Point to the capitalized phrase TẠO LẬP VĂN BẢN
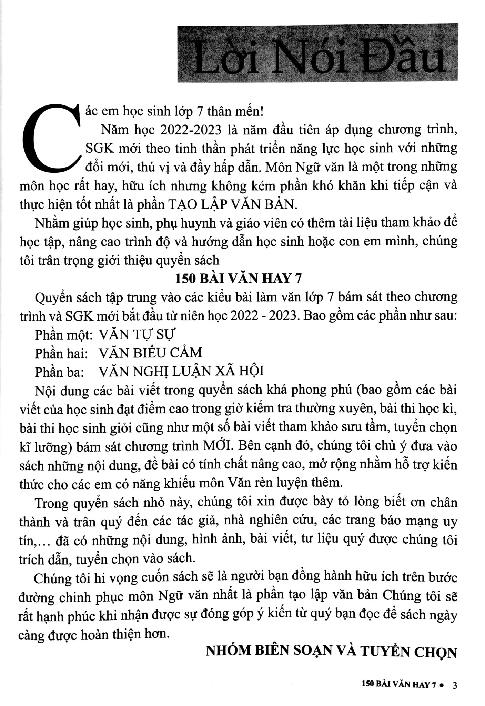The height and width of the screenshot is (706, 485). click(x=232, y=204)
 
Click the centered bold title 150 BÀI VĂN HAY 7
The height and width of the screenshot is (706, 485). click(x=238, y=278)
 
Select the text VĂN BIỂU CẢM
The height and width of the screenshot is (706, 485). click(x=150, y=353)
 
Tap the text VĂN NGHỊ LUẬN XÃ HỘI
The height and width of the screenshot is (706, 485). click(x=181, y=371)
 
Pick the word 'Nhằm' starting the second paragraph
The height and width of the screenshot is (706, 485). click(x=50, y=223)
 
